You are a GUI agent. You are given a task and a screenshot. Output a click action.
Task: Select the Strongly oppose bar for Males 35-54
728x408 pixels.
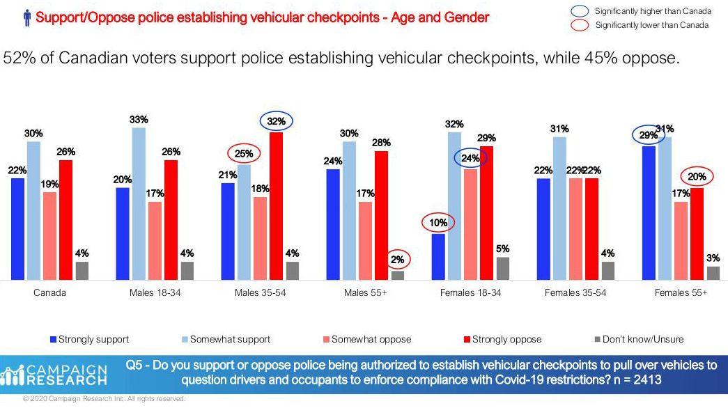point(277,206)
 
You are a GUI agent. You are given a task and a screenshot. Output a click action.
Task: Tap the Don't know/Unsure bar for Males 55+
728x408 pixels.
point(397,276)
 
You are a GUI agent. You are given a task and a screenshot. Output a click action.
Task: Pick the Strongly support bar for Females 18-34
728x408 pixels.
point(438,257)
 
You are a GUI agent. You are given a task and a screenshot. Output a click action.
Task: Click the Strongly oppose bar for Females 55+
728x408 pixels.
point(697,234)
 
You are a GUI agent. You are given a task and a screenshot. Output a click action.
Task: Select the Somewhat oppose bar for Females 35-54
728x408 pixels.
point(575,229)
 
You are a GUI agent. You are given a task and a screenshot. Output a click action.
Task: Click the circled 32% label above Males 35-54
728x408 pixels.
point(277,121)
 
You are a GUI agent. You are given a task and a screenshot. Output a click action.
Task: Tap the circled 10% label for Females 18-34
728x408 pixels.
point(437,223)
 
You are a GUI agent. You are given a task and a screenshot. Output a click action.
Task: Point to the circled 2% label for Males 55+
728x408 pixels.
point(397,260)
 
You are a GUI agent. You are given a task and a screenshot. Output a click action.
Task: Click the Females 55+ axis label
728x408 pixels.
point(681,293)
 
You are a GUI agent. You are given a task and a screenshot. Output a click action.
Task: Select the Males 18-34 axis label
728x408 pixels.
point(155,293)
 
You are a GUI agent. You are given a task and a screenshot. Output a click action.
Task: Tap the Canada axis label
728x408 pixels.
point(50,293)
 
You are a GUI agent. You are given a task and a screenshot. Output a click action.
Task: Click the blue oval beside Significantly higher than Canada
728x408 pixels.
point(579,12)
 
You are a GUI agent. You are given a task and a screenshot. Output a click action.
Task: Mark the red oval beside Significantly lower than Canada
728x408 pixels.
point(579,26)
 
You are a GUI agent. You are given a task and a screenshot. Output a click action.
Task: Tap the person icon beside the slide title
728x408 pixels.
point(27,17)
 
